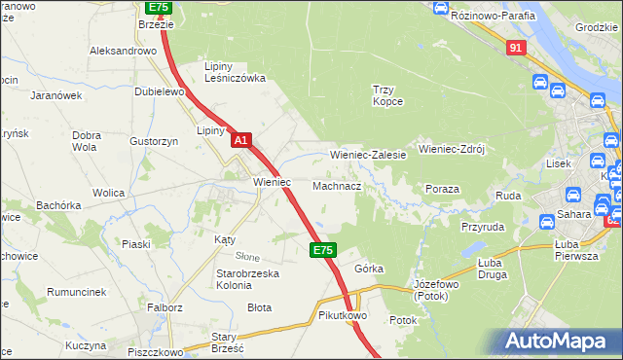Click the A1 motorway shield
coord(242,141)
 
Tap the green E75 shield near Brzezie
coord(159,6)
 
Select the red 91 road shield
coord(516,47)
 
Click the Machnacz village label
coord(337,185)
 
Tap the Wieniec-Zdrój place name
coord(451,150)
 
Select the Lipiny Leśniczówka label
coord(234,72)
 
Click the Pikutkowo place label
coord(341,316)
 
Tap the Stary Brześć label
coord(227,342)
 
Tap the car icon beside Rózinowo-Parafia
coord(440,9)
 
